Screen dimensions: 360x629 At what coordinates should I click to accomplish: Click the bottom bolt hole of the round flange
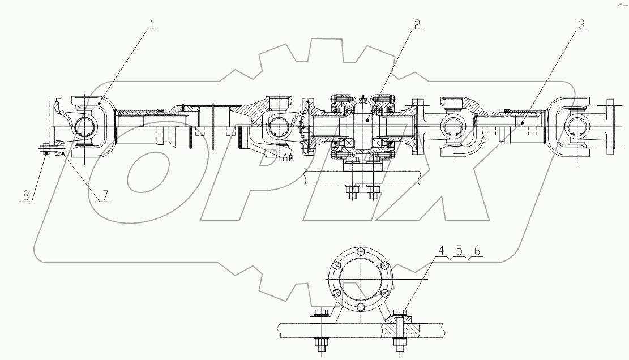(360, 307)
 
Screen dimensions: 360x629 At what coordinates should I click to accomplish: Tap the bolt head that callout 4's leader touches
(400, 312)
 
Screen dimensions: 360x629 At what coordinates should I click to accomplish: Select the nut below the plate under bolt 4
(400, 342)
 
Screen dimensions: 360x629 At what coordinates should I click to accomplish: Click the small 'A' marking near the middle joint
(285, 158)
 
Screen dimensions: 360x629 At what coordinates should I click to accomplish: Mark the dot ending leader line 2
(368, 119)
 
